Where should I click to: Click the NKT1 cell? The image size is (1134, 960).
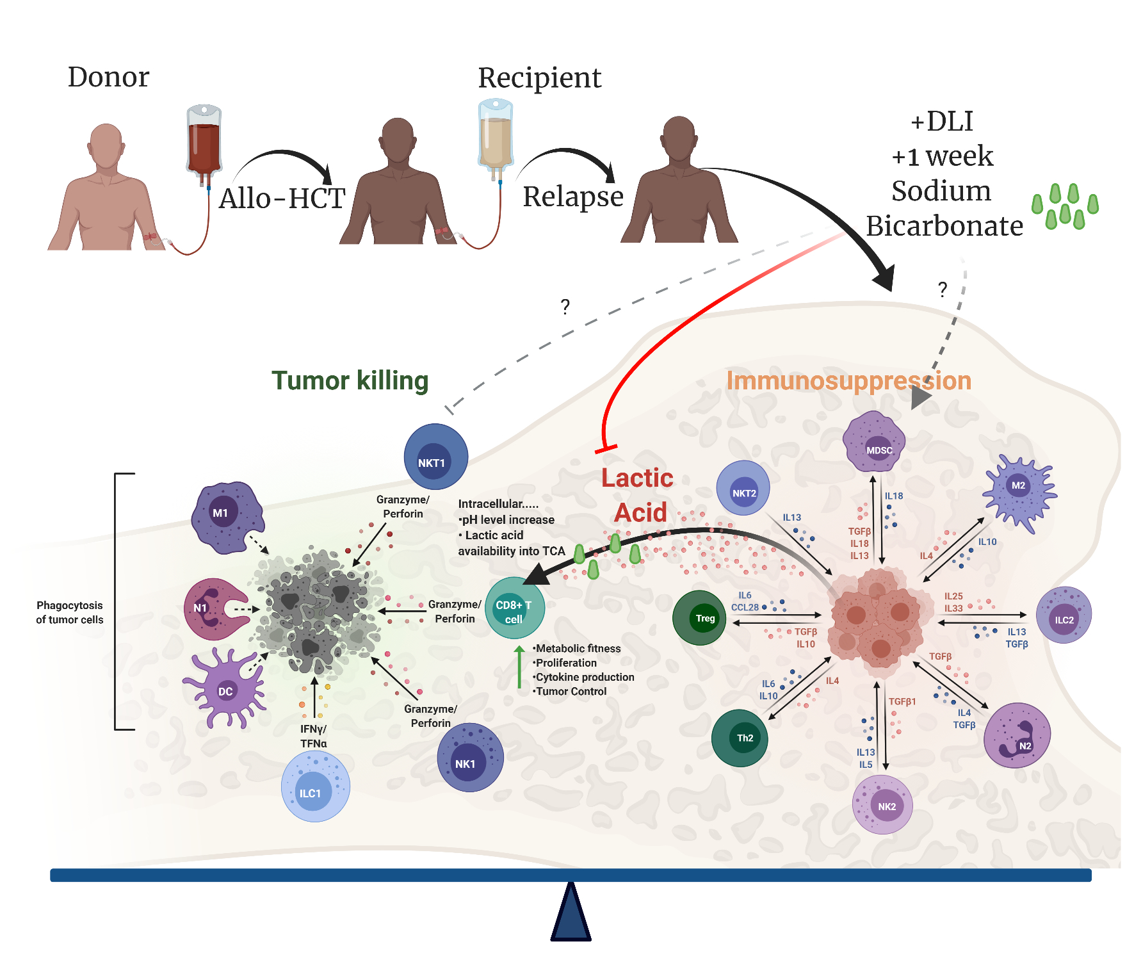tap(435, 457)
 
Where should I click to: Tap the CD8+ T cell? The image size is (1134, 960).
tap(515, 608)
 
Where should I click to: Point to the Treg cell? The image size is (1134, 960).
tap(699, 618)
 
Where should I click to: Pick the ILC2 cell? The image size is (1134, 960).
tap(1064, 615)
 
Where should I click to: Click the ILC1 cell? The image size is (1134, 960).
tap(315, 786)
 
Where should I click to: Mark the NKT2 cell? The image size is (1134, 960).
tap(743, 488)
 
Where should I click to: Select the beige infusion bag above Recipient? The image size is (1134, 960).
tap(495, 134)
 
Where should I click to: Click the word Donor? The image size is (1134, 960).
tap(108, 77)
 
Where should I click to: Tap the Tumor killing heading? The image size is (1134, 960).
tap(350, 380)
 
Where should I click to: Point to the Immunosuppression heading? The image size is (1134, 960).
tap(848, 380)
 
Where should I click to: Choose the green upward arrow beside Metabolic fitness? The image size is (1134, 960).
tap(519, 667)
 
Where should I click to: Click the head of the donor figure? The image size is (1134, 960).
tap(106, 145)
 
